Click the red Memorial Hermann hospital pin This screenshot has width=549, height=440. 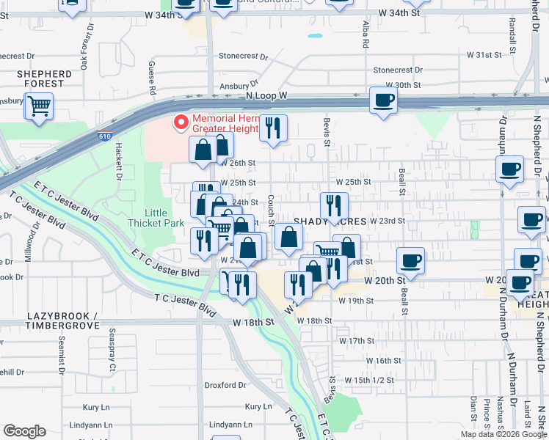pyautogui.click(x=179, y=122)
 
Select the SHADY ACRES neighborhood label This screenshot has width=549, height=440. pyautogui.click(x=330, y=221)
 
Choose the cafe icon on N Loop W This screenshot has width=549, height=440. pyautogui.click(x=382, y=100)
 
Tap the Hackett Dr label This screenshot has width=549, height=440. pyautogui.click(x=116, y=161)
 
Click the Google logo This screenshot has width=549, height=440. pyautogui.click(x=24, y=431)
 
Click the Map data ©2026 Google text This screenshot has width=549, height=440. pyautogui.click(x=503, y=434)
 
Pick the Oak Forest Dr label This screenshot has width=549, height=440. pyautogui.click(x=87, y=46)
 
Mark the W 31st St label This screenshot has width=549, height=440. pyautogui.click(x=484, y=55)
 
